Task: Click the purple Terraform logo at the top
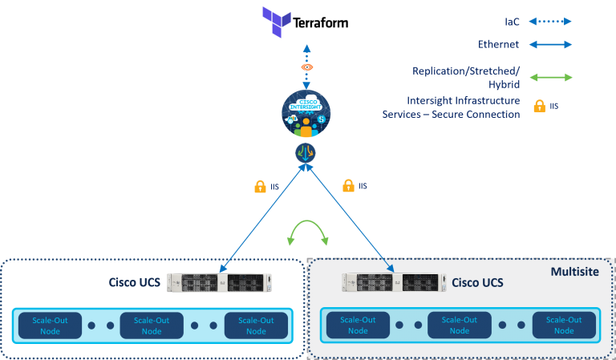277,22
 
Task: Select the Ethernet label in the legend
498,45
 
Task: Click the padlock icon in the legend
539,105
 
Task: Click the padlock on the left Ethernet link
260,187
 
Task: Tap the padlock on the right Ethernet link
348,186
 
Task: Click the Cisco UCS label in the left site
135,283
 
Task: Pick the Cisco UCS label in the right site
477,282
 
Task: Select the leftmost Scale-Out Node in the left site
47,326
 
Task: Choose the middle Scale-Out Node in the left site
152,326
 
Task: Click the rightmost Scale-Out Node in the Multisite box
564,325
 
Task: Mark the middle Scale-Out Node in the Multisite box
460,325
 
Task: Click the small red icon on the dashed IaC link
306,67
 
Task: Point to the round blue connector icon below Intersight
306,152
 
